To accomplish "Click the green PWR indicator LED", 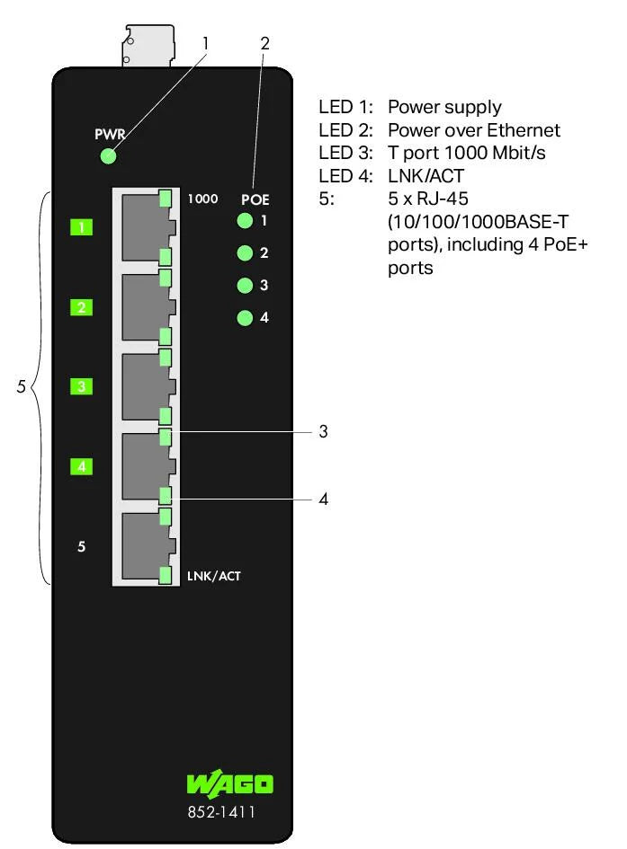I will pyautogui.click(x=109, y=156).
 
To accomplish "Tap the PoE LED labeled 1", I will pyautogui.click(x=244, y=221).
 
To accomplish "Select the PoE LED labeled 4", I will pyautogui.click(x=244, y=318).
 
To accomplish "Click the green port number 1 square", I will pyautogui.click(x=82, y=227).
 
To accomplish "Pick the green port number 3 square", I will pyautogui.click(x=82, y=387).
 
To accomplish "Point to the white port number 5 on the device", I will pyautogui.click(x=82, y=546).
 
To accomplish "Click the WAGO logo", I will pyautogui.click(x=229, y=783).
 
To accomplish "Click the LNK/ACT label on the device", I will pyautogui.click(x=213, y=575).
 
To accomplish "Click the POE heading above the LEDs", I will pyautogui.click(x=255, y=199).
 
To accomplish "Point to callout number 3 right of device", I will pyautogui.click(x=323, y=432).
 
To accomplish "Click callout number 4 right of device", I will pyautogui.click(x=323, y=499).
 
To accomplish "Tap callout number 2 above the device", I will pyautogui.click(x=264, y=42).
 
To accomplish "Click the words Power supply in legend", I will pyautogui.click(x=444, y=108).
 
